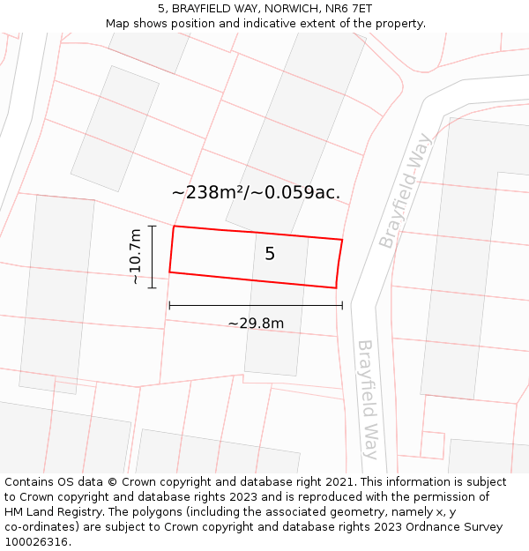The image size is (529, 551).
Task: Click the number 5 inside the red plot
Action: (270, 254)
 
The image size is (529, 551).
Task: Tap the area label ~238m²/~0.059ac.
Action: (256, 192)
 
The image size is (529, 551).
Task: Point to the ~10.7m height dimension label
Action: (135, 257)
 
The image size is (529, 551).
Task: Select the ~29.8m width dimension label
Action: (256, 324)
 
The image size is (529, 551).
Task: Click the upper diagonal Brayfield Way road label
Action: (406, 190)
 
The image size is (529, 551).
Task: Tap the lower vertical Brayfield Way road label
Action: (368, 399)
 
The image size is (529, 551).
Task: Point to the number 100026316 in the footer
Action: (36, 542)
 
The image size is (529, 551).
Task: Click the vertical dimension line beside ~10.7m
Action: (152, 257)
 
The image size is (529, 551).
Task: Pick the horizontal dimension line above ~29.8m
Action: (256, 306)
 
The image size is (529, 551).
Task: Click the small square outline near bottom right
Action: (432, 444)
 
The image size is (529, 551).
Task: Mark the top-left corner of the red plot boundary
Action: (174, 227)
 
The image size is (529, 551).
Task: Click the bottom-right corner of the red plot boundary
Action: (336, 287)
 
